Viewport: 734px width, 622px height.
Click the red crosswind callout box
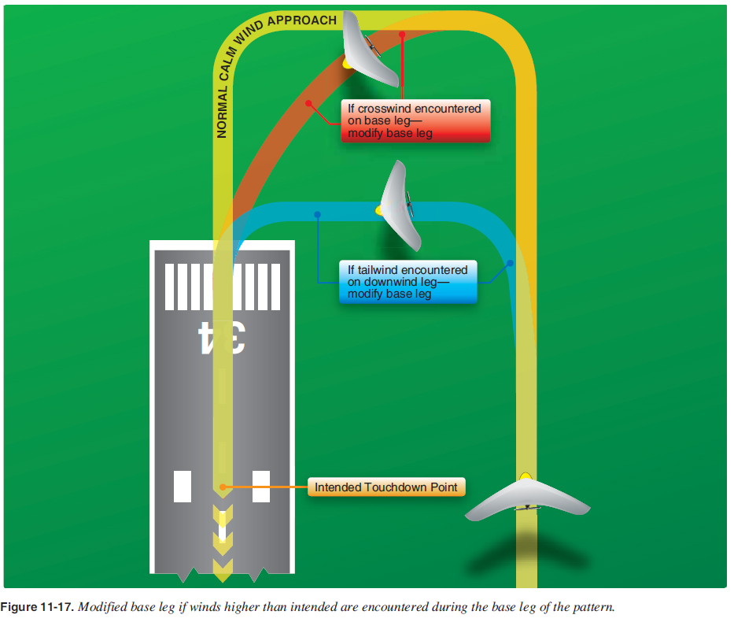(415, 120)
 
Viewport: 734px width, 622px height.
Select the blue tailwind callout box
(408, 282)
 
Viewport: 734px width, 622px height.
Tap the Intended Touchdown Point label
(385, 487)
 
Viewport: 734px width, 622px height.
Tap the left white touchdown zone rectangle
(183, 486)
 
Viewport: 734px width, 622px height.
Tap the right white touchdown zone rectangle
(261, 486)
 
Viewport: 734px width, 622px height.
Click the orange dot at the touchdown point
(223, 487)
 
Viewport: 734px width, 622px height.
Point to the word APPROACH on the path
(302, 20)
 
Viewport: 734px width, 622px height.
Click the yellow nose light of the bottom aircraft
(526, 476)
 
